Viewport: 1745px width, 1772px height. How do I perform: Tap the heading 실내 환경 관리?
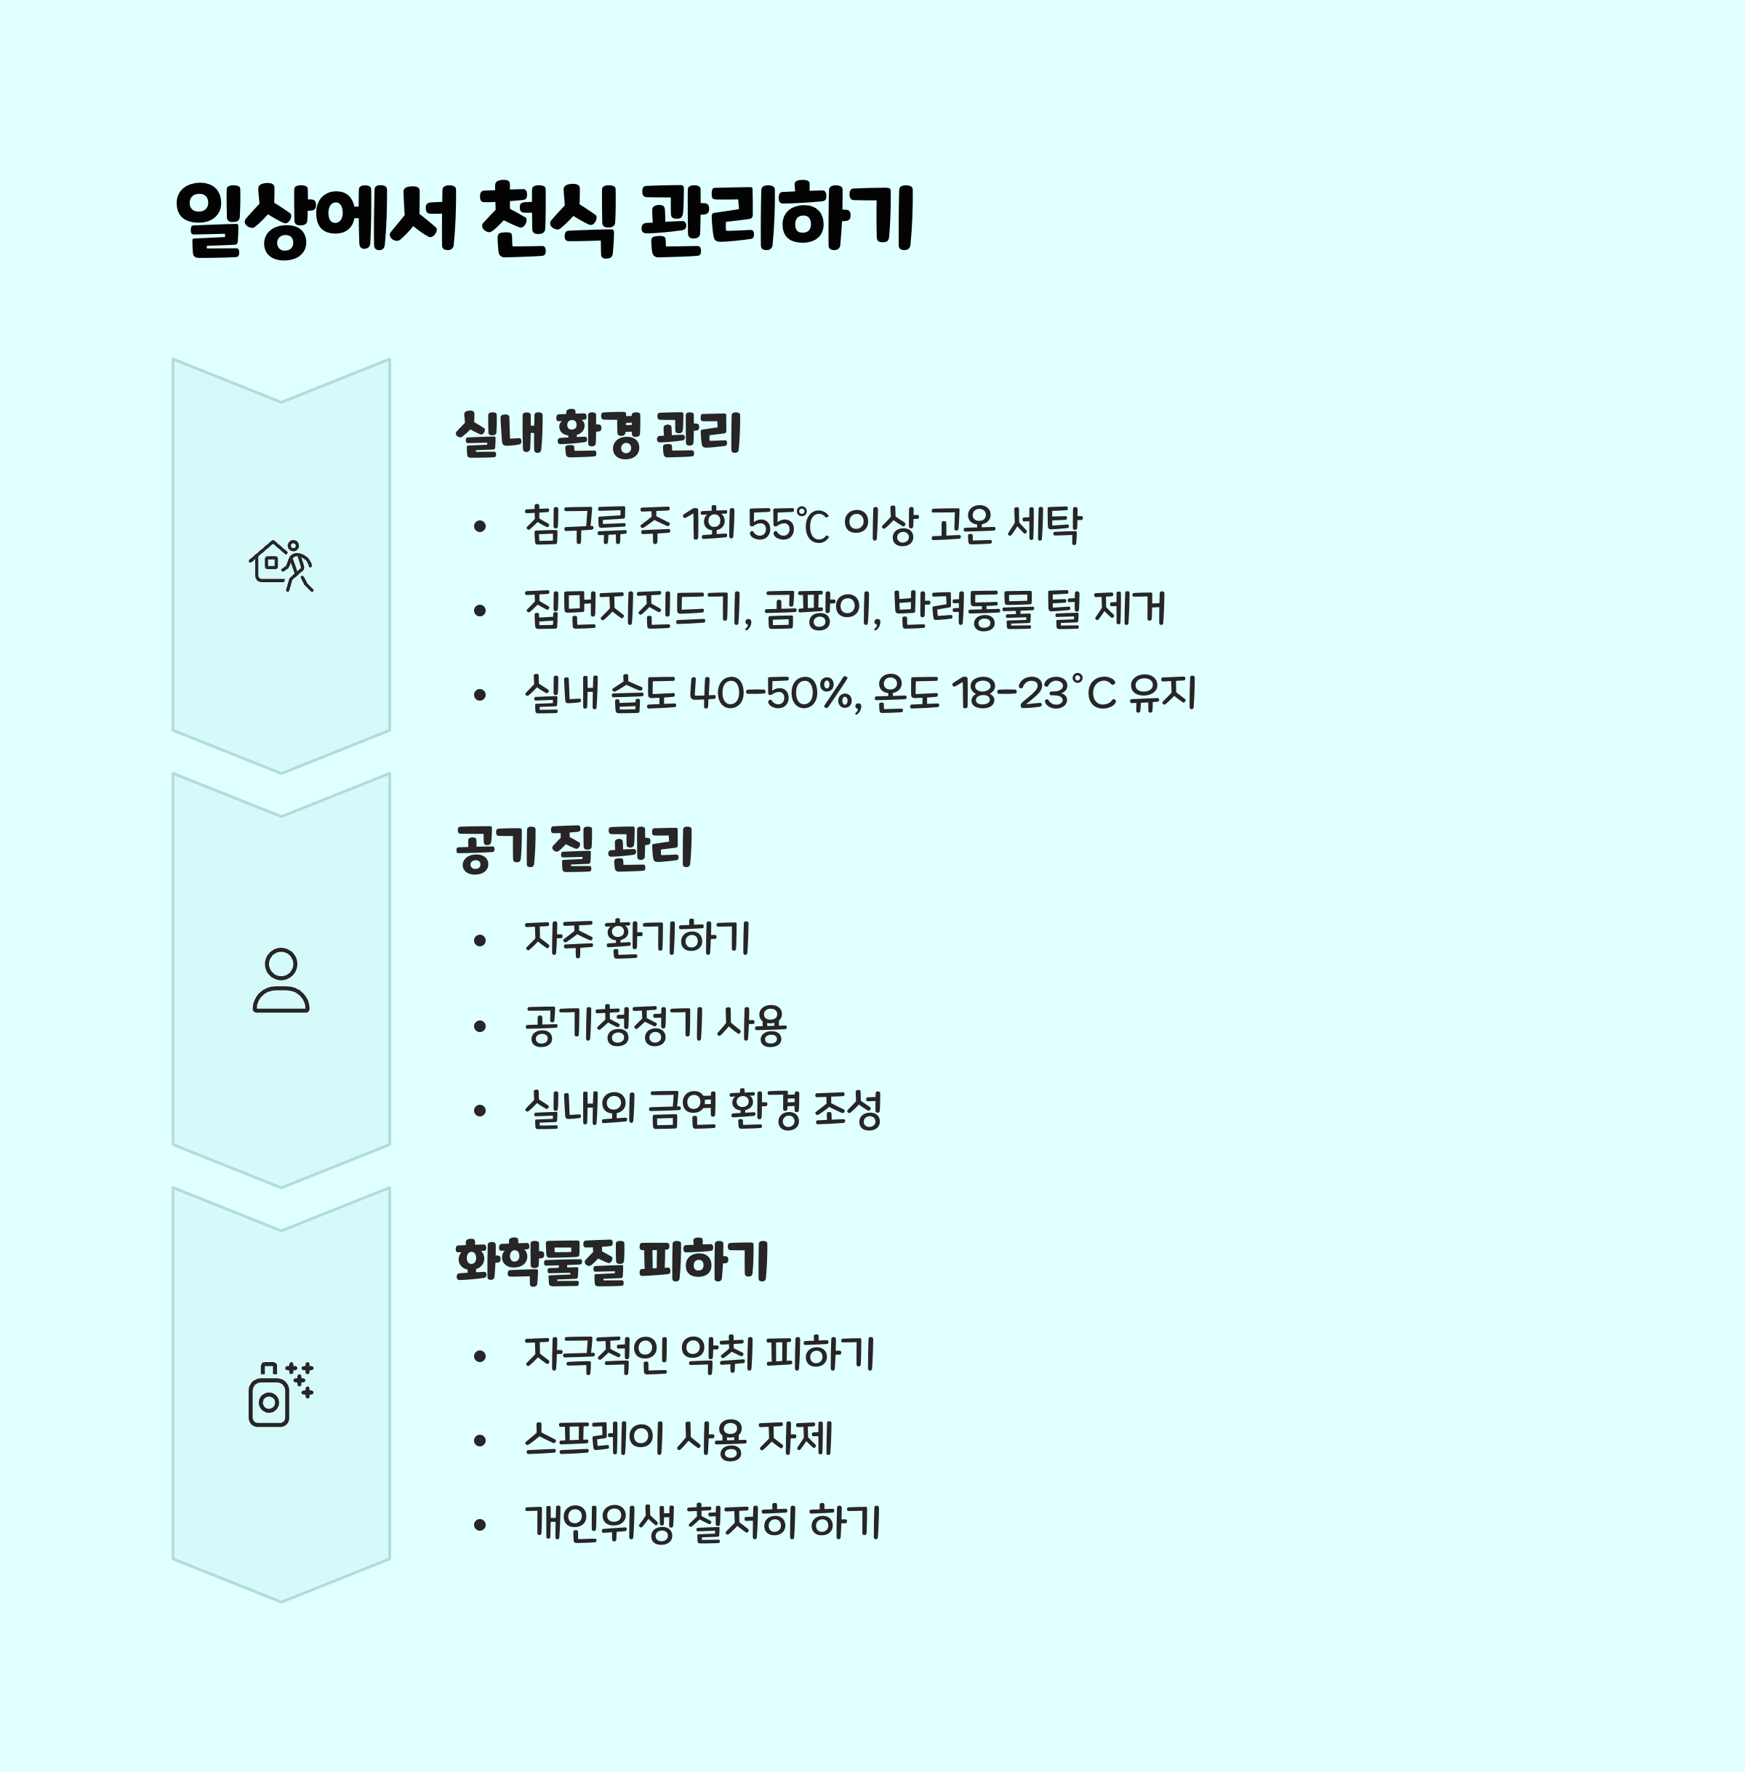[598, 433]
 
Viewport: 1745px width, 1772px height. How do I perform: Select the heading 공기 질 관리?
[574, 848]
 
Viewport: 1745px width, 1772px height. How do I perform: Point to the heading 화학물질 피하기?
[611, 1262]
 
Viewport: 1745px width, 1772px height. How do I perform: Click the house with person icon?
[281, 565]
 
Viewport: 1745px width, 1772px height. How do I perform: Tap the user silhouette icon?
[281, 980]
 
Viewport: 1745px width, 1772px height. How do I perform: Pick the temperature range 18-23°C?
[1034, 693]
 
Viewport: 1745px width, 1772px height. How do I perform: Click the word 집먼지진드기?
[636, 609]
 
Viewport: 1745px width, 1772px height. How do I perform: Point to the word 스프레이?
[593, 1438]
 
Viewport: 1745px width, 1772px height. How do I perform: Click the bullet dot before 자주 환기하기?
[479, 941]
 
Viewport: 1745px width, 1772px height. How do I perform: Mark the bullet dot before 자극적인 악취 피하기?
[479, 1356]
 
